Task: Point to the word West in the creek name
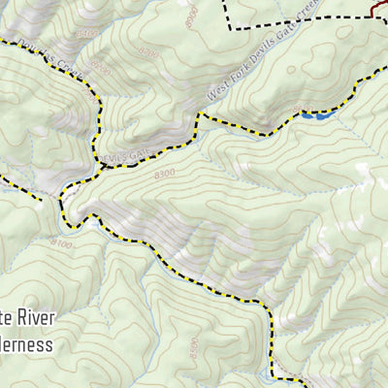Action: tap(215, 94)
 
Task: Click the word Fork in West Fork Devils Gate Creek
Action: tap(232, 82)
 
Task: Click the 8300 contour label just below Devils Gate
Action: tap(165, 173)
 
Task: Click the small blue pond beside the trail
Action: tap(317, 115)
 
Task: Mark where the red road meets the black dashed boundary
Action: tap(373, 13)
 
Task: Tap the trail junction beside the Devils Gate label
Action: tap(101, 166)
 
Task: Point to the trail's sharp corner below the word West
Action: tap(201, 117)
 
